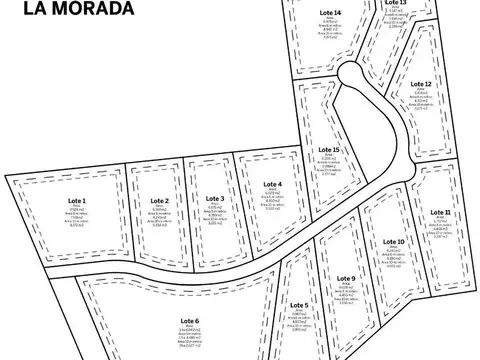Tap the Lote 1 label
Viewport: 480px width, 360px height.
77,200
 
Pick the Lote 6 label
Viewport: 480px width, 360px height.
190,320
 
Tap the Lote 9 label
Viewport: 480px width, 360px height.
345,277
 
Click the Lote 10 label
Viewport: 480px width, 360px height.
394,242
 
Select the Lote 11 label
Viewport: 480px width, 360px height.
441,213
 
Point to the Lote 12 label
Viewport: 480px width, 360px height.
421,84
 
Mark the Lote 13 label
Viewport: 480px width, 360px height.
395,3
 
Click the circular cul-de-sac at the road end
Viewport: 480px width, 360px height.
351,74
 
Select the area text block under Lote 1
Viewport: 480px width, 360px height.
77,218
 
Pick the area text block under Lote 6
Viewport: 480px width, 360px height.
190,339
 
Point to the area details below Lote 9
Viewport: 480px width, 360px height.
345,296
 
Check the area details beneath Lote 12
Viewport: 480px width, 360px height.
421,100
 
